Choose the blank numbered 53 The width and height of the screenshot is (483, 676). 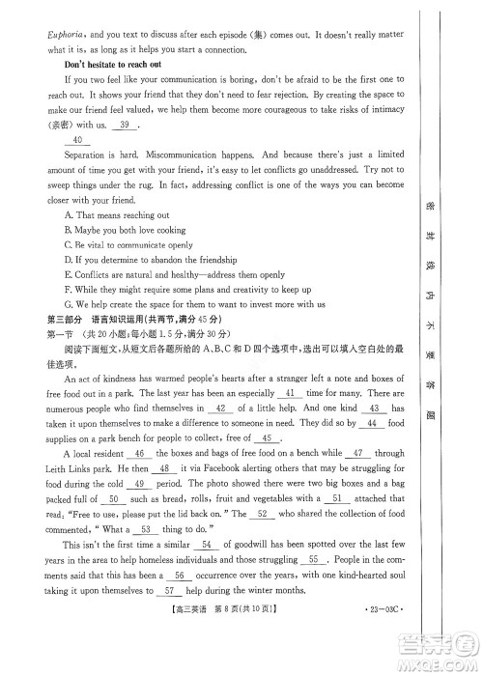147,529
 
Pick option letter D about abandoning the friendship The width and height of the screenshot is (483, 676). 67,260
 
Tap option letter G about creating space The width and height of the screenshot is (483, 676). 67,303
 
